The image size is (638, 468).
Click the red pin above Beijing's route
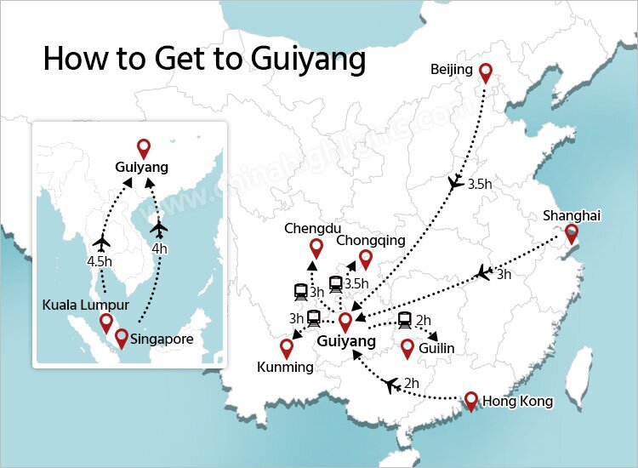click(486, 73)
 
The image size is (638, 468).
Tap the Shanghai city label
click(572, 215)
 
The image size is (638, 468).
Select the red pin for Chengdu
click(316, 248)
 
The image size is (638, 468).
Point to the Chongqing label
click(371, 241)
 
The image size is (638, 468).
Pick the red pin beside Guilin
click(407, 347)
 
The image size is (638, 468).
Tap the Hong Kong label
click(517, 401)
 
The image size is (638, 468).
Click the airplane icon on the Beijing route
click(457, 183)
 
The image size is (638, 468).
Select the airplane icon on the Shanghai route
click(483, 273)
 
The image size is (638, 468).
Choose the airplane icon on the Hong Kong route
click(391, 385)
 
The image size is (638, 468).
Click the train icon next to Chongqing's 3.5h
click(336, 283)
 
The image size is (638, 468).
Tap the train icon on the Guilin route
click(404, 320)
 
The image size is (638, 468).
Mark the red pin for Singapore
click(122, 337)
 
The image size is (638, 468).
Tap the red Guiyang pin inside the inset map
click(144, 148)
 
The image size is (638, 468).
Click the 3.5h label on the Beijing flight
click(479, 183)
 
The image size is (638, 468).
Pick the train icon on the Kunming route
click(314, 318)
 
